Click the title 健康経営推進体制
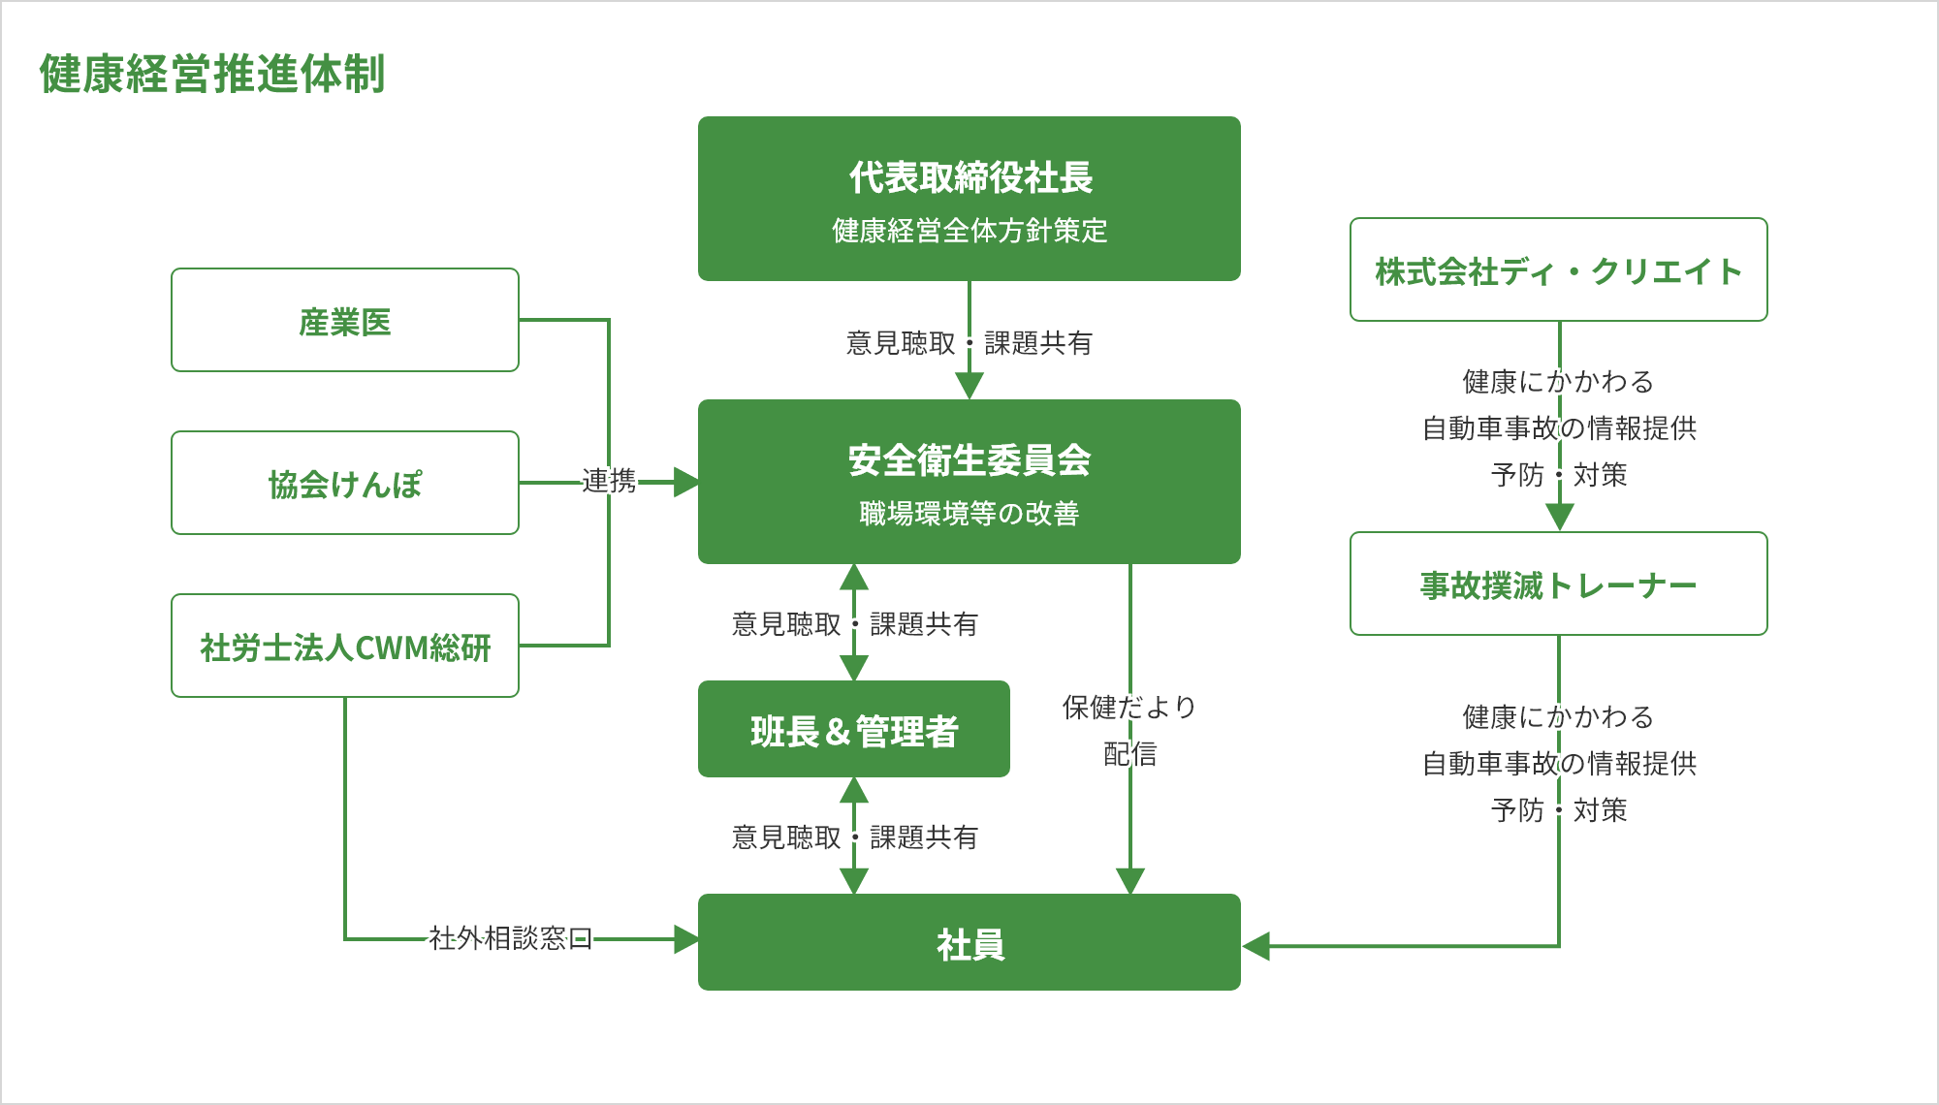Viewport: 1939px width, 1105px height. [212, 74]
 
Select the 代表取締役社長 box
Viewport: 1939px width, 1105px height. [969, 198]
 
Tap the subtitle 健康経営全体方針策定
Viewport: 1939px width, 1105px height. [969, 231]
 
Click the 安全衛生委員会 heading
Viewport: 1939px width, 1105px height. [969, 459]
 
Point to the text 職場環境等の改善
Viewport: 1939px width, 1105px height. [969, 513]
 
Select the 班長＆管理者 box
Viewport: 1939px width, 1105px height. [853, 729]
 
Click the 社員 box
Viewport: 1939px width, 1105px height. [969, 942]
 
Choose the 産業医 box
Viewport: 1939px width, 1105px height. [344, 321]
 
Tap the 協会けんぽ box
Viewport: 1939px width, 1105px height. [344, 483]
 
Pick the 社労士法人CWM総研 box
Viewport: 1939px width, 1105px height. [344, 646]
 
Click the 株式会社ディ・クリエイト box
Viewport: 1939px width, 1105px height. [1558, 270]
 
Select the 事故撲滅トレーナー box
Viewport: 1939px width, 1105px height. [1558, 584]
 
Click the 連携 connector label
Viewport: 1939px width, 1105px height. [609, 481]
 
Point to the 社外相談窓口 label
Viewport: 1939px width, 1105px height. [510, 938]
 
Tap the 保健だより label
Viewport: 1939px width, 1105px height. [1129, 707]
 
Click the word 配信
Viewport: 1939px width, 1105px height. [1129, 753]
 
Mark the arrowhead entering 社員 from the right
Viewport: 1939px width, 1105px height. [1256, 946]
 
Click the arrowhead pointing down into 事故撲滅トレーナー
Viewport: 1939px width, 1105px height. [1559, 518]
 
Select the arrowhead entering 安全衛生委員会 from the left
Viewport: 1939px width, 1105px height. [685, 482]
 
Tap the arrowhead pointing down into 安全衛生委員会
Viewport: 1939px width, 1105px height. [969, 386]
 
